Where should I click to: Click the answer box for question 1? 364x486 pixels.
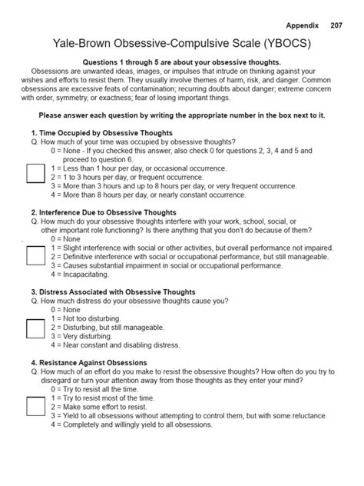point(35,173)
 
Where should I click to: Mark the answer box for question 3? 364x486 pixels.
point(35,328)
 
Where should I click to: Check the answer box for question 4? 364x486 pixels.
point(35,406)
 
